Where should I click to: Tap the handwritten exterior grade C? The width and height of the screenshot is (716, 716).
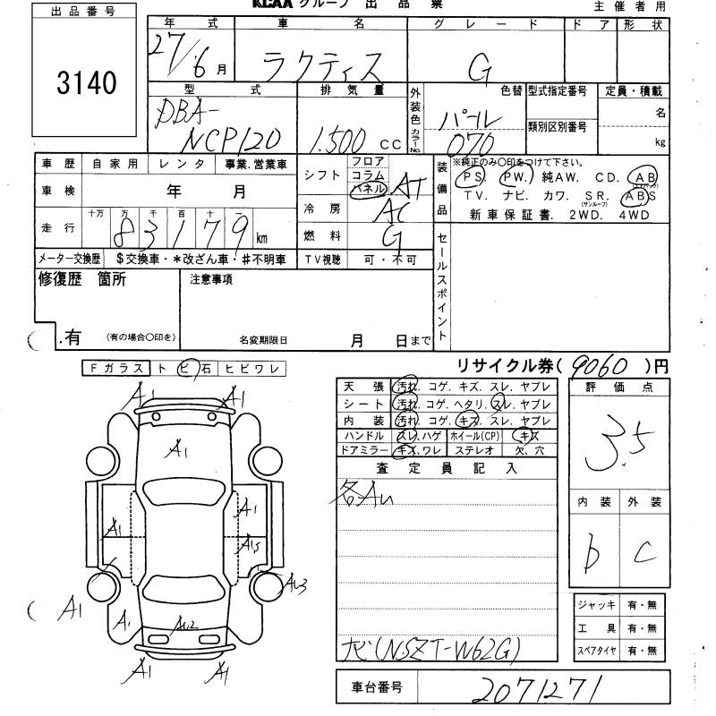(641, 555)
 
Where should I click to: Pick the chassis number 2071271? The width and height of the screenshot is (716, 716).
(540, 688)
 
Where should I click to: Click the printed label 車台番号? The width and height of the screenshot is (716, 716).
(374, 688)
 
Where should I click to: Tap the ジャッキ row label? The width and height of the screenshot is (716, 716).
(596, 607)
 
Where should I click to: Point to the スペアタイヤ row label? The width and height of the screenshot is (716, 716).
(596, 650)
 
